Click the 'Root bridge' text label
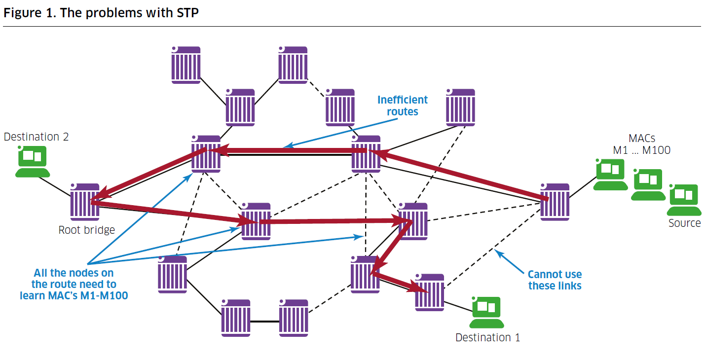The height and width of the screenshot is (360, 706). [x=86, y=229]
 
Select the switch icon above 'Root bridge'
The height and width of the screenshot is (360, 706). [x=85, y=202]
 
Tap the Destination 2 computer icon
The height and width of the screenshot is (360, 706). [x=33, y=161]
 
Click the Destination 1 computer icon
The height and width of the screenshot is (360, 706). [x=486, y=312]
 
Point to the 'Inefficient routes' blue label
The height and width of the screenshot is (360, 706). [x=402, y=106]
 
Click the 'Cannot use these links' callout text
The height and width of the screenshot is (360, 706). [x=555, y=280]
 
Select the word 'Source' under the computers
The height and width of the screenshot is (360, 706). [x=684, y=223]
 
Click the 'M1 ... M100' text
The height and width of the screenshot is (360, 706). [x=641, y=150]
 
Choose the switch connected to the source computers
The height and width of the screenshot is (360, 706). [x=555, y=202]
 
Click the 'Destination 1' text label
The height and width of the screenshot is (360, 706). [x=487, y=337]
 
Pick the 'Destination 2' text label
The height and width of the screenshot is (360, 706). [x=36, y=137]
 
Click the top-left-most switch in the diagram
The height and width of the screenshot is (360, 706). [x=186, y=65]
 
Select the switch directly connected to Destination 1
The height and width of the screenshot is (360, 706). [x=430, y=292]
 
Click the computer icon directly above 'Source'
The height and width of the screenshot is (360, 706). [x=684, y=200]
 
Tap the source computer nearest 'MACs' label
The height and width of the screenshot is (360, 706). [x=611, y=174]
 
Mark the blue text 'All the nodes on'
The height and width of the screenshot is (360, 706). [x=74, y=273]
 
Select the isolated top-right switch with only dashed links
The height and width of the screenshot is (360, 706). [x=460, y=107]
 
